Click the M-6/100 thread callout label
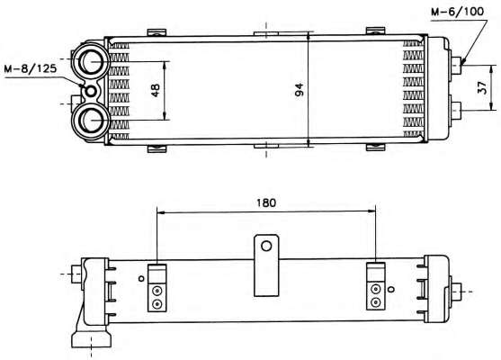457,12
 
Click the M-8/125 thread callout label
31,68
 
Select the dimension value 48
156,91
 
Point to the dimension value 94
300,90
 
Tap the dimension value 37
483,87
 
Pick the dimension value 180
266,202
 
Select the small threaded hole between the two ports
91,92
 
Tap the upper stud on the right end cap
457,65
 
